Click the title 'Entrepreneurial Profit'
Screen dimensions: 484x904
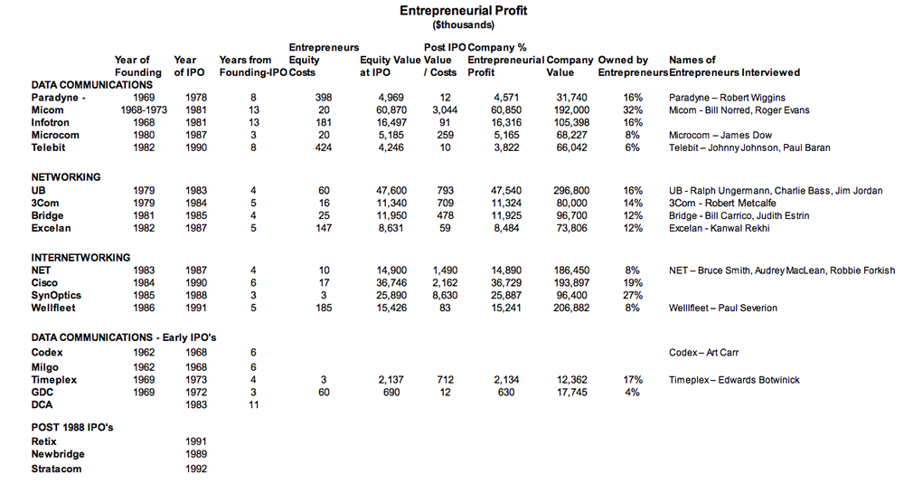pos(451,11)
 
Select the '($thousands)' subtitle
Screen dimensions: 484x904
pos(451,25)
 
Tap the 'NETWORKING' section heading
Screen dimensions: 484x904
pos(66,177)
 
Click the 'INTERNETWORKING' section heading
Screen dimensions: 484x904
pos(80,257)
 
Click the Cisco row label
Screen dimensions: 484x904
pos(45,283)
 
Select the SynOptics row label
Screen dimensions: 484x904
pos(56,296)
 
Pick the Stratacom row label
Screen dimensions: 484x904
pos(57,470)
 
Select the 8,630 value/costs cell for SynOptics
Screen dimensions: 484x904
pos(438,296)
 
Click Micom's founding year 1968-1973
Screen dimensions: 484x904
pos(137,110)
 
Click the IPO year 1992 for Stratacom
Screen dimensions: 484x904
pos(193,470)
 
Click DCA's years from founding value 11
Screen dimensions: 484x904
pos(254,404)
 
